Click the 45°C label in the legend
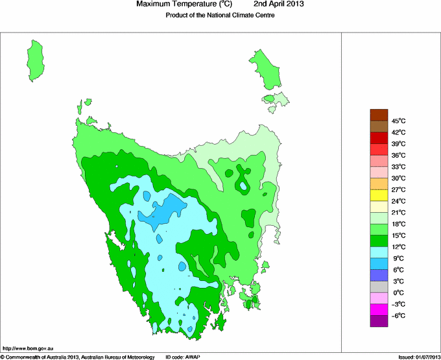point(399,121)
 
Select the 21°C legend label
point(398,213)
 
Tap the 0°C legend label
point(398,293)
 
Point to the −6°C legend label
point(398,315)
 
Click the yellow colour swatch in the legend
point(379,195)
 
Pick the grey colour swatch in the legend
point(379,286)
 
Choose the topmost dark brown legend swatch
point(379,115)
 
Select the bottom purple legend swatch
point(379,320)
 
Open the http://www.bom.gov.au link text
point(27,349)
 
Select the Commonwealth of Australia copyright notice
point(78,357)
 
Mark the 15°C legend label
point(398,235)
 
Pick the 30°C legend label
point(398,178)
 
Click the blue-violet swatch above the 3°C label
point(379,275)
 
